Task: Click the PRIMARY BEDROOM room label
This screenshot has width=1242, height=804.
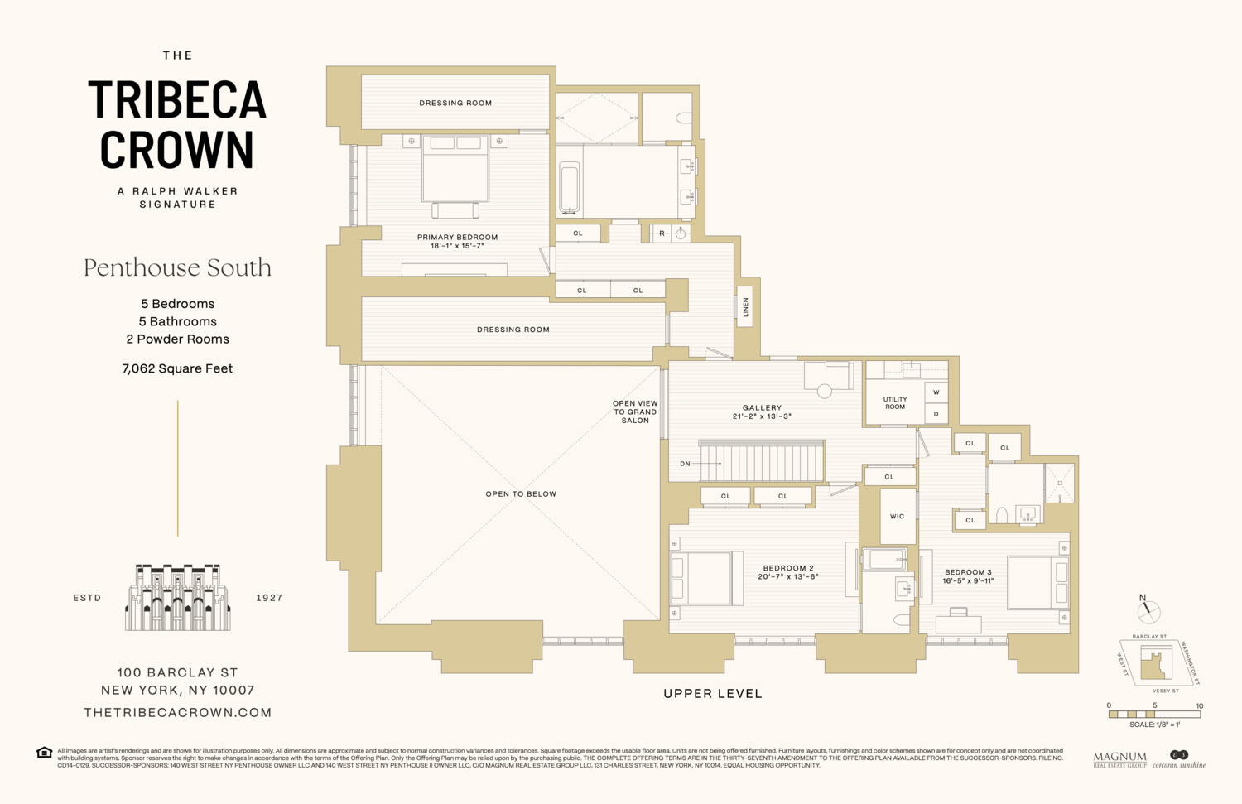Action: [x=457, y=238]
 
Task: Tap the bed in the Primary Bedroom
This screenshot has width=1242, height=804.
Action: [x=455, y=170]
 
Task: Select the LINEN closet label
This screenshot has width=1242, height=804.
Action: [x=745, y=307]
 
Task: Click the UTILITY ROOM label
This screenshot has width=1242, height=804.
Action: [x=894, y=403]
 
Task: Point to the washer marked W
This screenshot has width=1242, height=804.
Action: [x=936, y=392]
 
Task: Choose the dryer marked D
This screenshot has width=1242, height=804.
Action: [x=936, y=414]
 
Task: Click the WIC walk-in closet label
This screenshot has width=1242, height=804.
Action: [x=897, y=517]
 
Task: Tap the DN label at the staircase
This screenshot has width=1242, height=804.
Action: [x=685, y=464]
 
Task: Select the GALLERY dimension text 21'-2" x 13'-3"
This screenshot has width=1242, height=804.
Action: [x=762, y=416]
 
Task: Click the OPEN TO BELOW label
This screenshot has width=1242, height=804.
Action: [x=521, y=494]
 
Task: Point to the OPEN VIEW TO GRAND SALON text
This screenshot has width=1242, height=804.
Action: [x=635, y=412]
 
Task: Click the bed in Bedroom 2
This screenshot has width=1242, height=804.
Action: [x=700, y=578]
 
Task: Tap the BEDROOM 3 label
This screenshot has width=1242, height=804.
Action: [x=968, y=572]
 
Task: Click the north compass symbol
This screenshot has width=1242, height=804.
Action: [x=1148, y=612]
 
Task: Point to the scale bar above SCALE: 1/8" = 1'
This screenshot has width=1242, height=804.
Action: [x=1154, y=714]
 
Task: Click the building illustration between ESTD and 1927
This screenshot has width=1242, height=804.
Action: [x=178, y=598]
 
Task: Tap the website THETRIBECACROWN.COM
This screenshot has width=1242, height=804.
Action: [x=178, y=712]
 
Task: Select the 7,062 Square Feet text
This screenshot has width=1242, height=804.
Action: [x=177, y=369]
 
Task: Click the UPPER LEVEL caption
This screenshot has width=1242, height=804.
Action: [x=712, y=694]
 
